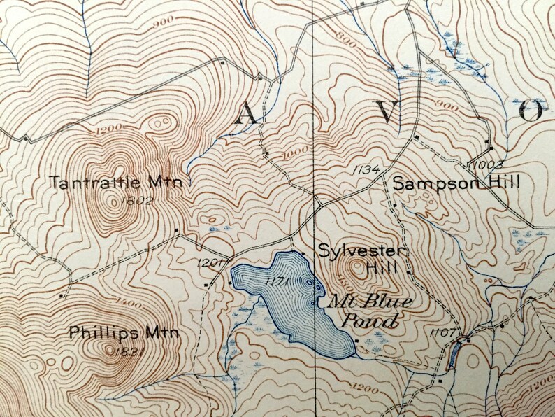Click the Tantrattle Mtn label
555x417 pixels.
(x=116, y=182)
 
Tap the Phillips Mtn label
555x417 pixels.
(x=124, y=332)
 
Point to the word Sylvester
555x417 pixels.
(x=362, y=250)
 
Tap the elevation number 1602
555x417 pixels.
(x=136, y=200)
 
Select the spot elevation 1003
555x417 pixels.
(x=482, y=165)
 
